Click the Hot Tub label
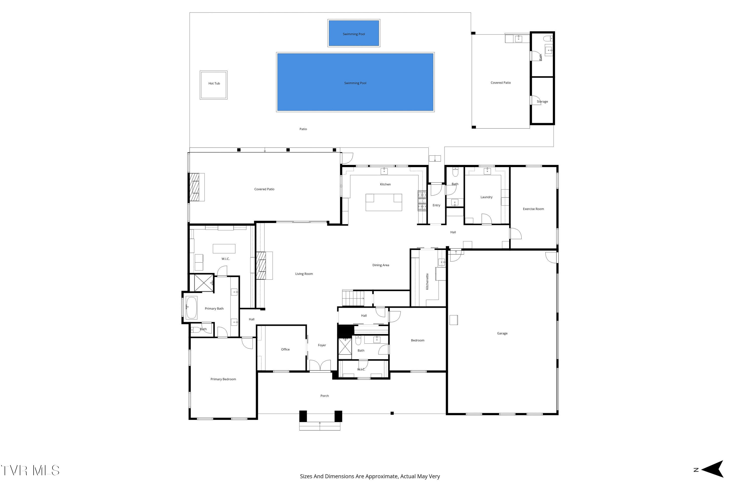(214, 83)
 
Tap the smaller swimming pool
(354, 33)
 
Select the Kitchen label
(385, 184)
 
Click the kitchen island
(384, 202)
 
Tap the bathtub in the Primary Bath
(191, 307)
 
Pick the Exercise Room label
(533, 209)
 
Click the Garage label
(502, 333)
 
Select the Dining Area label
(381, 265)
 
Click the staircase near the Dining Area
(353, 298)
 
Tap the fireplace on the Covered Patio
(194, 187)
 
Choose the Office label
(285, 349)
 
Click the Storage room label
(542, 102)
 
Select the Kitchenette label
(427, 282)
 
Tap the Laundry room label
(486, 197)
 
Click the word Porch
(324, 396)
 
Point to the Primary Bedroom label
(223, 379)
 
